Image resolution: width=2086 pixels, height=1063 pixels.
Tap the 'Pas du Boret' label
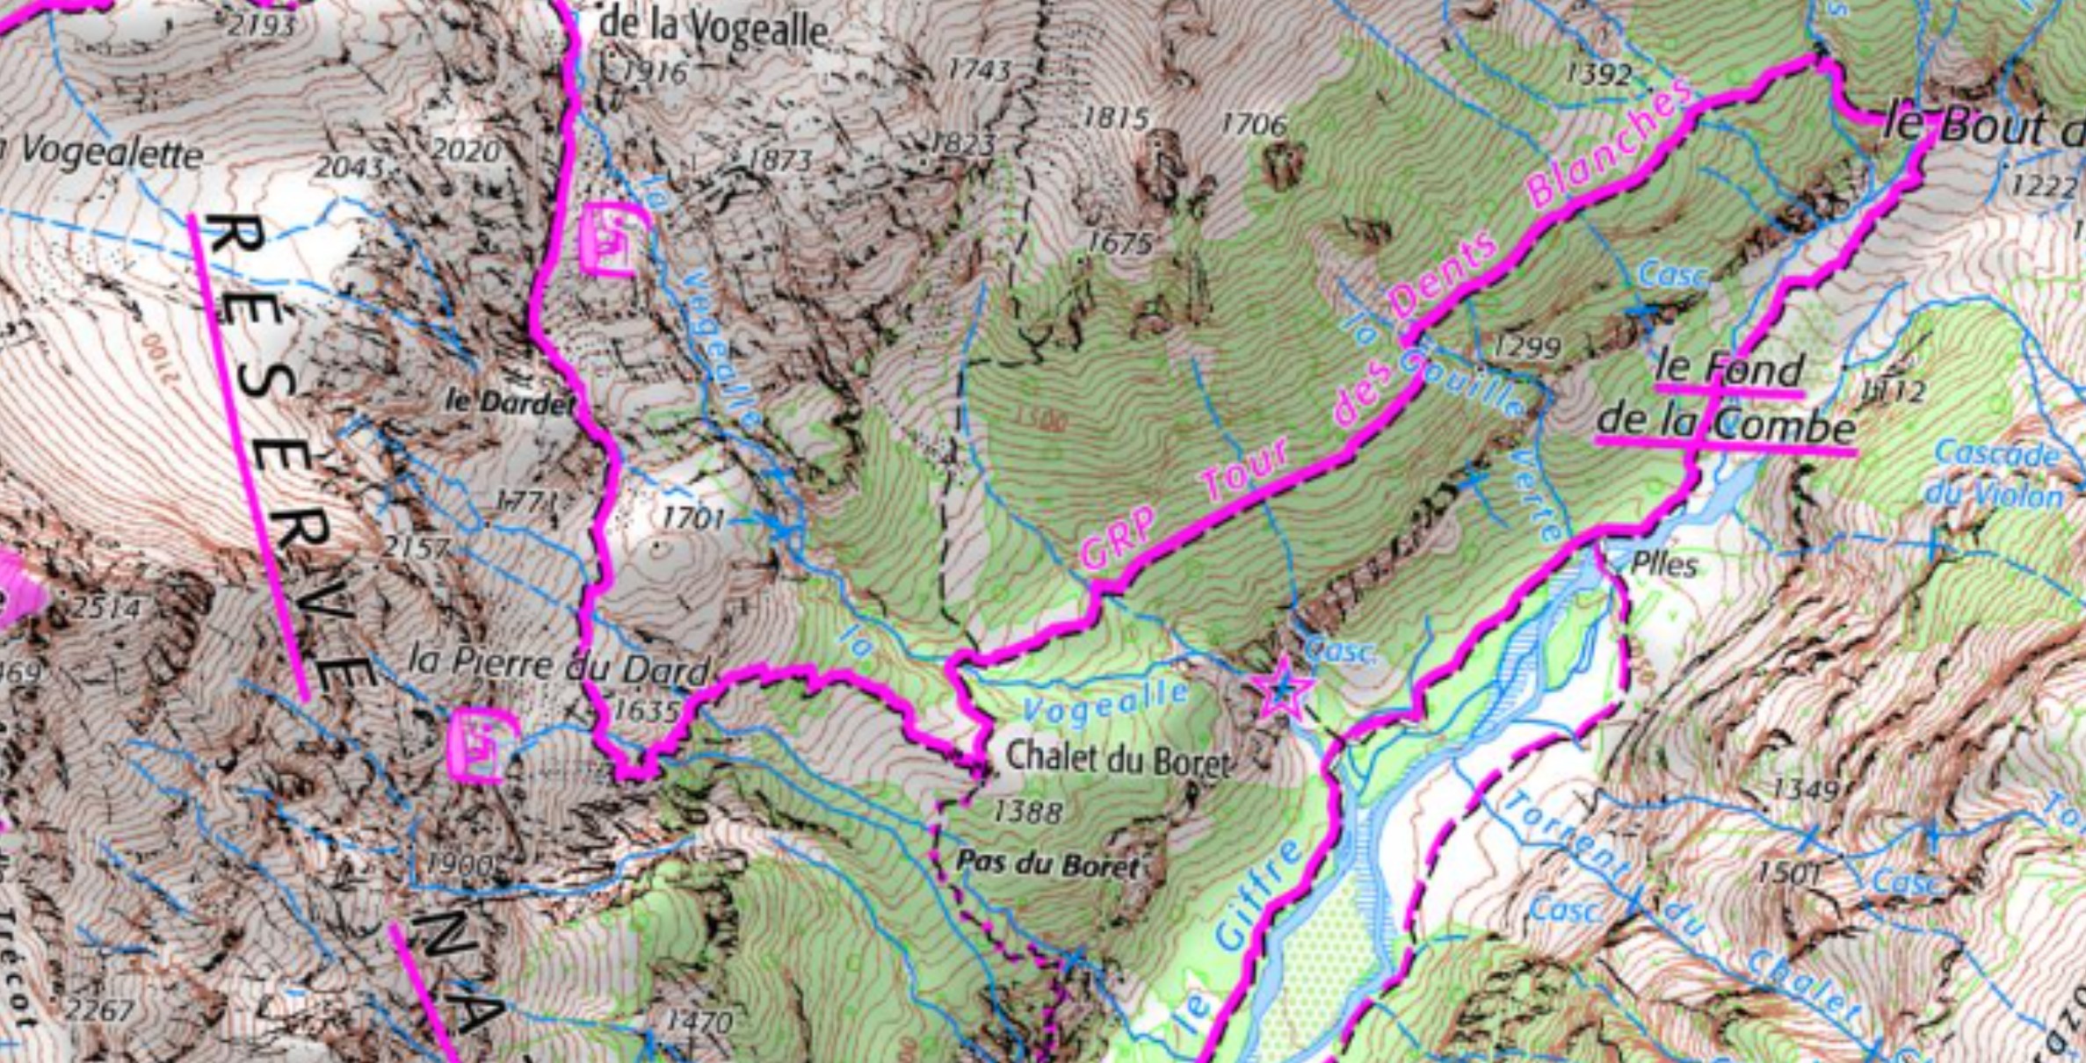click(1047, 864)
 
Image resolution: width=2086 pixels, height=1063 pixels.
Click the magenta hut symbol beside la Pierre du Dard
click(480, 745)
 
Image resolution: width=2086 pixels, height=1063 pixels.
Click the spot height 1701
click(693, 518)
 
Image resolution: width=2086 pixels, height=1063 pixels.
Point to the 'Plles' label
click(1664, 564)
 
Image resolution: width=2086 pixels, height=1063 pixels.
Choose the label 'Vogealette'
click(110, 155)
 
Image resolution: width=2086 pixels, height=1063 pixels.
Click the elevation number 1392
click(1599, 75)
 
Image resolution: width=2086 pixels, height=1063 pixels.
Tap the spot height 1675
click(1119, 242)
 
